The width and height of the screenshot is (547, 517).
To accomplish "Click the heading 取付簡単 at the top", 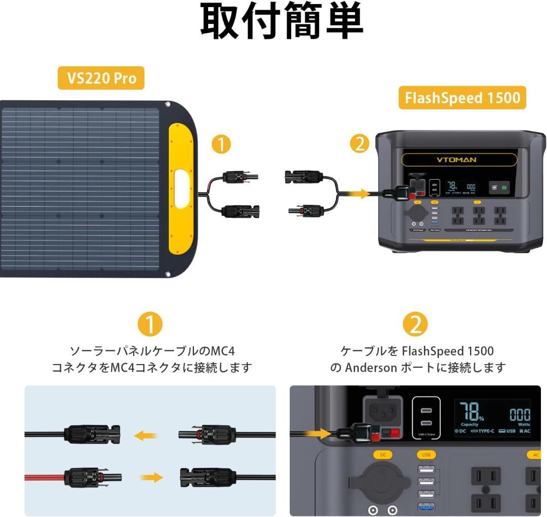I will pos(282,22).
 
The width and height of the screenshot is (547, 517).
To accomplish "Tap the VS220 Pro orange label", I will pos(101,78).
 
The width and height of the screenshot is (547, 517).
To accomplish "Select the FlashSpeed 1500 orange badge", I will pos(462,97).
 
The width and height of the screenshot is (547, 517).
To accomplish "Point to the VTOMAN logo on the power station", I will pos(456,160).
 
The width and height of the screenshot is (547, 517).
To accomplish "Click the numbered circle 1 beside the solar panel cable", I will pos(221,145).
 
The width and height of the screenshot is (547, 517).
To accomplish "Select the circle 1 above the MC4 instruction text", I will pos(150,324).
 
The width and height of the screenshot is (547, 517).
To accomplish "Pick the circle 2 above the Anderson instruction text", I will pos(415,324).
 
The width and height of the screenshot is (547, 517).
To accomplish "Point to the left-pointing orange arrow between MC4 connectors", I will pos(146,435).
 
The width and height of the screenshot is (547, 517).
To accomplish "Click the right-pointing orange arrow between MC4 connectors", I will pos(151,477).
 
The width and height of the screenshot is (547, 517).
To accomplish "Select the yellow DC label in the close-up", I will pos(383,455).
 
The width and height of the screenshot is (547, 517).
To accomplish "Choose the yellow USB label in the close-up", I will pos(426,455).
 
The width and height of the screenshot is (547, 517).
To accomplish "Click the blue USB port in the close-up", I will pos(426,507).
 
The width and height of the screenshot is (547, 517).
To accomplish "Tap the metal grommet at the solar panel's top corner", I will pos(168,105).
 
